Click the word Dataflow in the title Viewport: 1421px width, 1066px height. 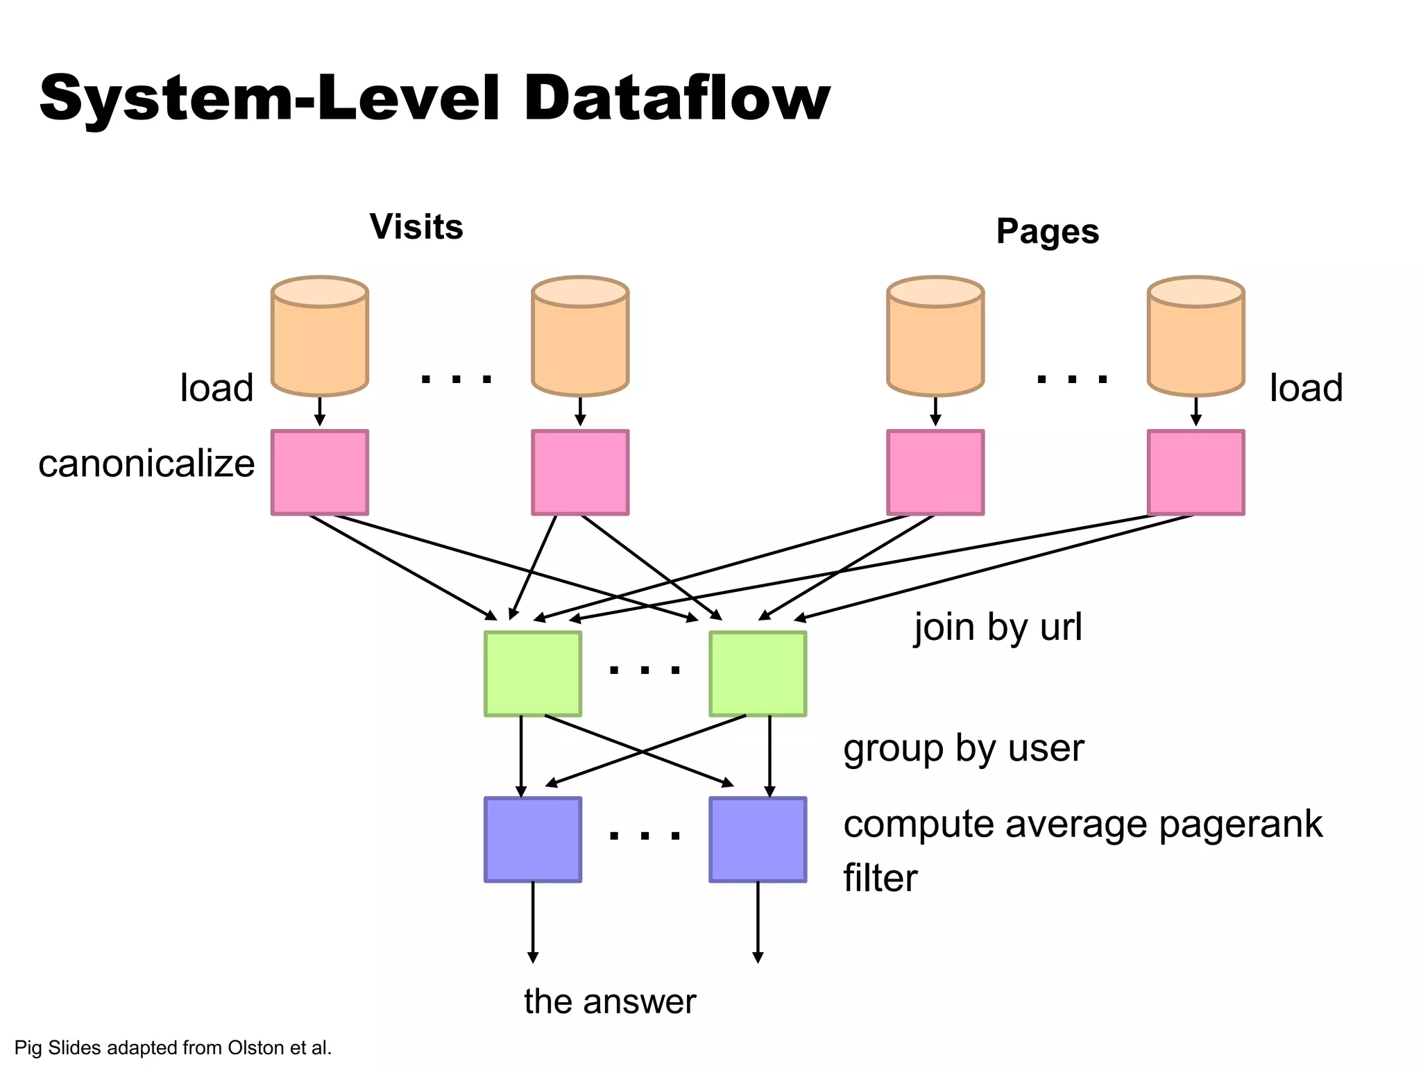pos(677,99)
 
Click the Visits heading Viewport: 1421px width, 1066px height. pos(416,227)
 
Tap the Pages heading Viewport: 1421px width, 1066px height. pos(1047,231)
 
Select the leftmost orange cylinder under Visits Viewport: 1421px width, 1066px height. pos(319,337)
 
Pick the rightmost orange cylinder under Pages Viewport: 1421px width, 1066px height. pos(1195,337)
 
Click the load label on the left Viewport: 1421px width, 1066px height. pos(216,387)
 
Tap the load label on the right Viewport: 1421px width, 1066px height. pos(1306,387)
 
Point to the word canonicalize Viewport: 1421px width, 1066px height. pos(146,464)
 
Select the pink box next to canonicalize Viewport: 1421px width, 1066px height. pos(319,472)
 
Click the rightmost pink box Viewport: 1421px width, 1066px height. pos(1195,472)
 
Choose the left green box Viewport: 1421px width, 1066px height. pos(533,673)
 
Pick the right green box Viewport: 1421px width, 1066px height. pos(758,673)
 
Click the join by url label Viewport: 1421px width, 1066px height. pos(997,627)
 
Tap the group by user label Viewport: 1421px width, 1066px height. pos(963,749)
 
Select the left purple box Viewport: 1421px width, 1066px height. pos(533,840)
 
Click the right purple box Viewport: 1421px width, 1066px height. pos(758,840)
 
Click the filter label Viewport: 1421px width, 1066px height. pos(880,878)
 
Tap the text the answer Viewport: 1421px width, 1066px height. pos(610,1001)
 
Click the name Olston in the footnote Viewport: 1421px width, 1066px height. pos(256,1047)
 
